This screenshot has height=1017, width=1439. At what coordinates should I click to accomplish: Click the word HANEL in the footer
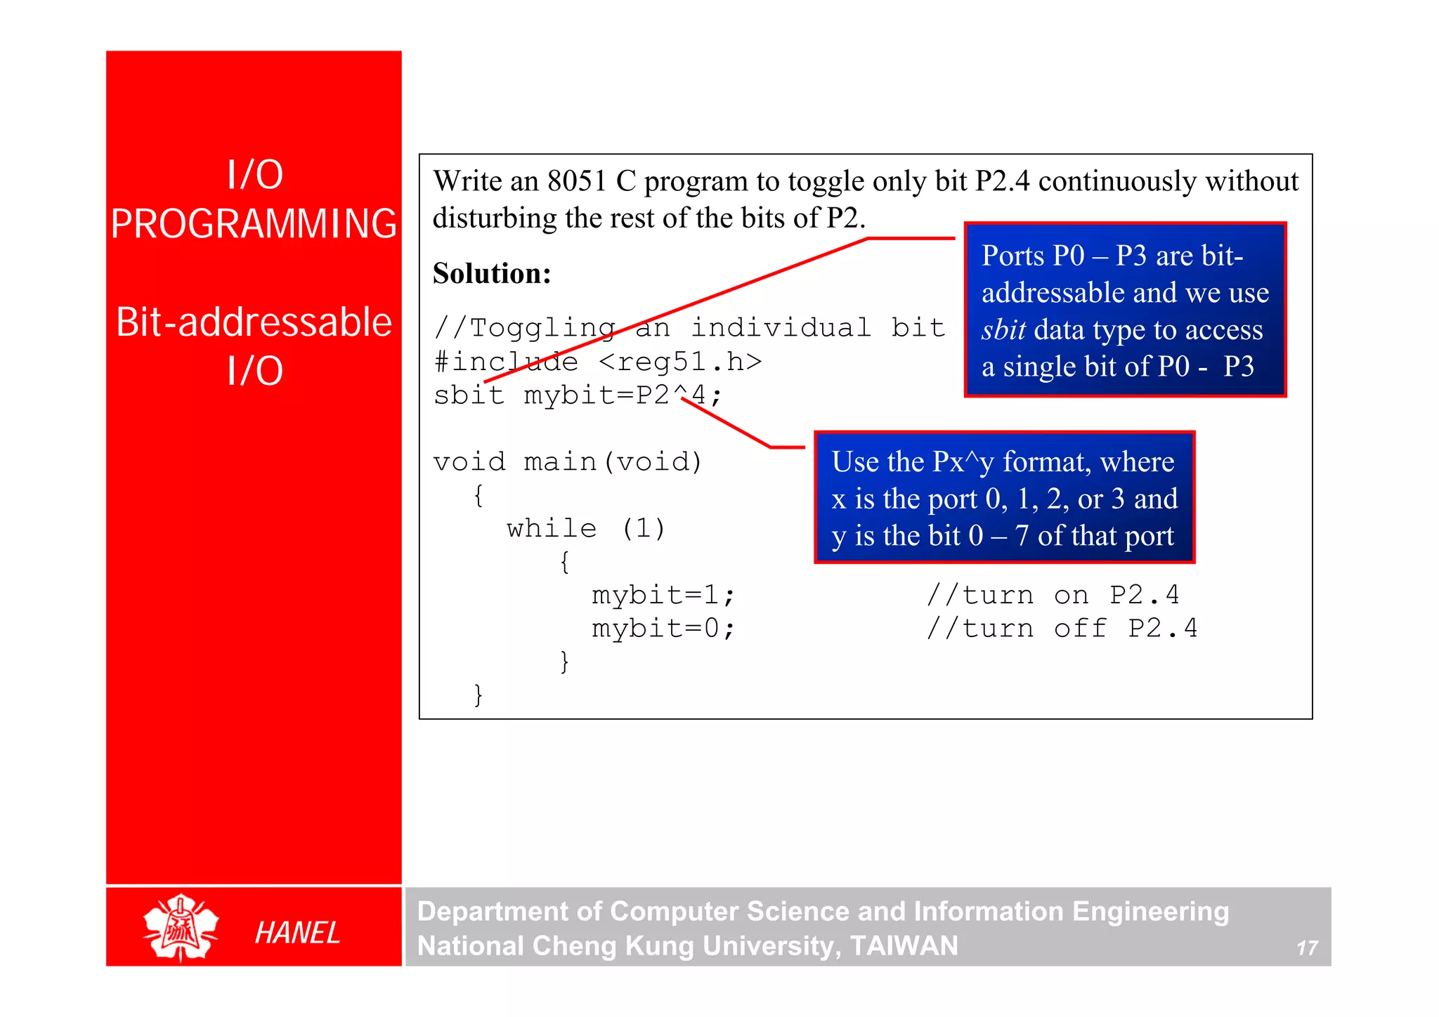[297, 933]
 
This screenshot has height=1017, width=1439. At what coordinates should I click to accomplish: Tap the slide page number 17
[1306, 948]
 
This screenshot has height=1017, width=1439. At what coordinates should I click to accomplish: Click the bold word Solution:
[492, 273]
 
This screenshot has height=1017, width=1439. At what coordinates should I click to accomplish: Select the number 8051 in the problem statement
[577, 181]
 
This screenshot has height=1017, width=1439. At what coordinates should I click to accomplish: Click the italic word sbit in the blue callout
[1003, 329]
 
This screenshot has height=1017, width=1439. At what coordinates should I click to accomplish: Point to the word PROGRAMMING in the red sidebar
[254, 224]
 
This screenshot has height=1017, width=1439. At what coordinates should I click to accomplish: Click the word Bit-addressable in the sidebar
[254, 322]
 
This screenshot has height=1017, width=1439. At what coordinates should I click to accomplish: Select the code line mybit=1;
[663, 595]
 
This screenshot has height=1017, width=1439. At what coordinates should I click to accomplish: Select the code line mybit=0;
[663, 628]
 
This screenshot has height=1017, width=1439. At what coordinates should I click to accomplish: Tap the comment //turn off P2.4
[1061, 628]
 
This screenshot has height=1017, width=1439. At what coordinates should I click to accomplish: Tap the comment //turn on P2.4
[1052, 595]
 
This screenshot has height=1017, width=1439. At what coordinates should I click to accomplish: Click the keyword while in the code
[552, 528]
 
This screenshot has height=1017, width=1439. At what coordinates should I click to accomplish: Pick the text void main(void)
[568, 461]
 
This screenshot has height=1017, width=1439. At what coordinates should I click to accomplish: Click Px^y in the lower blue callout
[963, 461]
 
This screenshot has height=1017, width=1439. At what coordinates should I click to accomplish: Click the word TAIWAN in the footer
[904, 945]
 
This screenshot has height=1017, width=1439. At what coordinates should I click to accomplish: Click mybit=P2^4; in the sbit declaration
[623, 395]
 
